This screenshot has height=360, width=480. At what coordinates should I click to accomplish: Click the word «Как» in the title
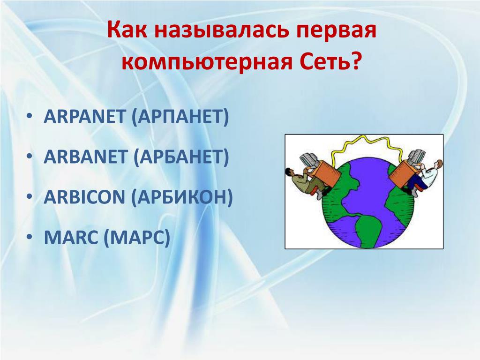coord(126,30)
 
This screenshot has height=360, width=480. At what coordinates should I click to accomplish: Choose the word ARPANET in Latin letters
coord(84,116)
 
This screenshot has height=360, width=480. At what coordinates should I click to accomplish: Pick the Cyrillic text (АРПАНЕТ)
coord(180,117)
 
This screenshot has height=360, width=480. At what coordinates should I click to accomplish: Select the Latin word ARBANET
coord(85,157)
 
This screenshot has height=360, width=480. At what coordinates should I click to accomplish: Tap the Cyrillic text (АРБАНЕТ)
coord(181,157)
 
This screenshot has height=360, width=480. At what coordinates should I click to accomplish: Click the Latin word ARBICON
coord(84,197)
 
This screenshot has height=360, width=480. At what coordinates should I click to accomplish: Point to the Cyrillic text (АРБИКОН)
coord(182,198)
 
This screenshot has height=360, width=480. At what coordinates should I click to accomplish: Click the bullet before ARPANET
coord(30,116)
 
